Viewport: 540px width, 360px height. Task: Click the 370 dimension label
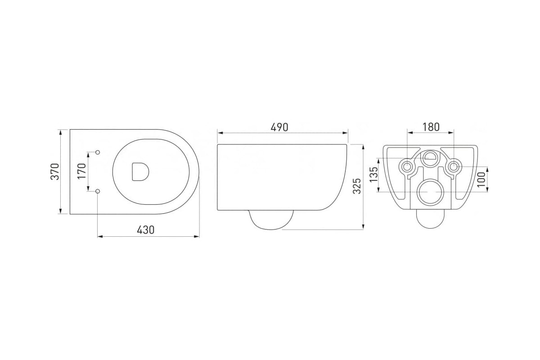55,172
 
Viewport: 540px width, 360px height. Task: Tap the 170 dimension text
82,171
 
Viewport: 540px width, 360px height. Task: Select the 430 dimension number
146,230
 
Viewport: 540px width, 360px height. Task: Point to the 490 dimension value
279,127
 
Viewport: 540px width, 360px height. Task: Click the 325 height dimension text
357,186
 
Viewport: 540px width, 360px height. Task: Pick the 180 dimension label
431,127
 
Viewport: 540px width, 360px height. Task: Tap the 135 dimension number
374,175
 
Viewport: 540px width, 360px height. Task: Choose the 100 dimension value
481,180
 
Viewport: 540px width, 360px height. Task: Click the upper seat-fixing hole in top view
98,152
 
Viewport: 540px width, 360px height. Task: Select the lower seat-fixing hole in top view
98,191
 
